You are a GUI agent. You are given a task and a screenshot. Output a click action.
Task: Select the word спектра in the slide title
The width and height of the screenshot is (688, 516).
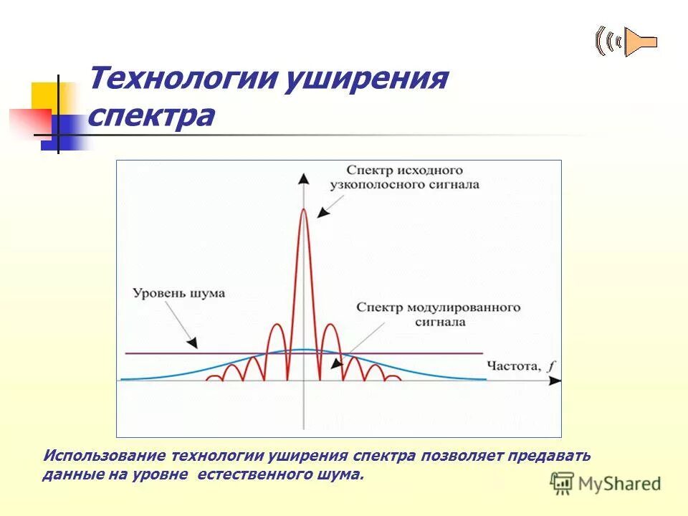(150, 115)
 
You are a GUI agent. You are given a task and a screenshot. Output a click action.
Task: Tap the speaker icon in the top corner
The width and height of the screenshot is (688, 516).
(626, 42)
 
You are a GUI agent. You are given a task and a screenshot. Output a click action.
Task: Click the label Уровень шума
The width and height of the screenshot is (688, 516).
(178, 293)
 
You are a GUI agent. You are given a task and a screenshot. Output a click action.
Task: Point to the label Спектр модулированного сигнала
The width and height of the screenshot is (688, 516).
(437, 315)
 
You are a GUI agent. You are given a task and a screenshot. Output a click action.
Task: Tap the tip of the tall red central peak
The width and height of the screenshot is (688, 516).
(304, 209)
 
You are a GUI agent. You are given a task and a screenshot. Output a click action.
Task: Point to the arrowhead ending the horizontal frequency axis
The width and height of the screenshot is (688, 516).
(555, 381)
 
